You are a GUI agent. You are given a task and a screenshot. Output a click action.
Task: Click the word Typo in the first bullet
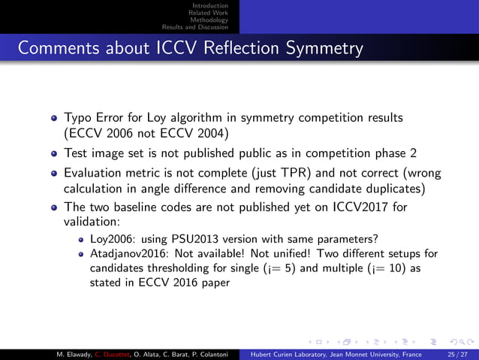(x=78, y=118)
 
